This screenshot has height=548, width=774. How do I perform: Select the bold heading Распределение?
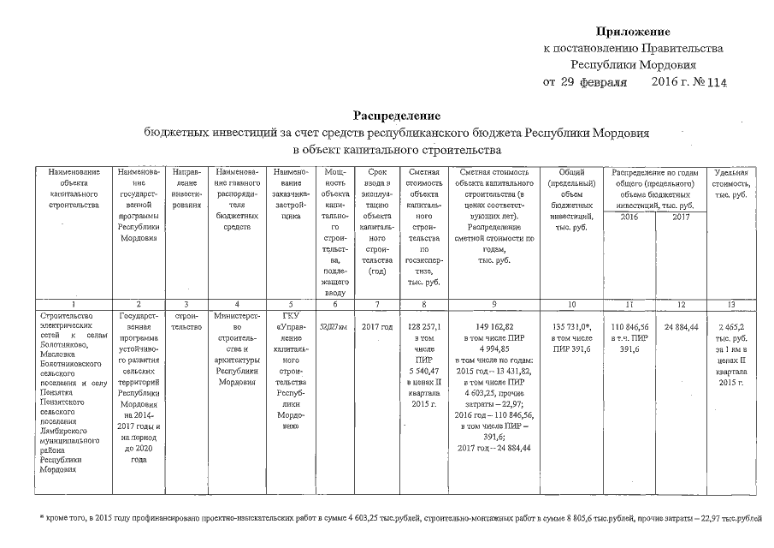coord(397,115)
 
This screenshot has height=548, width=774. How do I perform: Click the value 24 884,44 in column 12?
coord(681,327)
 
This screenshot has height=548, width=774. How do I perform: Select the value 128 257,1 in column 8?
coord(424,327)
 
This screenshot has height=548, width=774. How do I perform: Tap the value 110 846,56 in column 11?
coord(629,327)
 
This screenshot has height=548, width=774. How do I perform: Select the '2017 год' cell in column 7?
coord(376,327)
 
